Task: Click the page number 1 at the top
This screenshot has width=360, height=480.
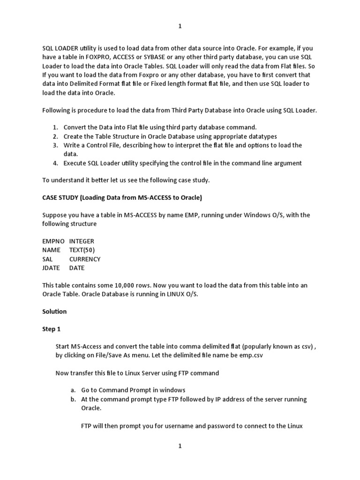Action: click(180, 27)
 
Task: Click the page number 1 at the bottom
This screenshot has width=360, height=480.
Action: click(180, 447)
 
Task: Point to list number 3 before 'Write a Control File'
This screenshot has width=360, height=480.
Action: click(55, 145)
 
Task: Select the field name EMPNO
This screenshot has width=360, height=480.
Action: click(52, 241)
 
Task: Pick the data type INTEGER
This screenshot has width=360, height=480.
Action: click(82, 241)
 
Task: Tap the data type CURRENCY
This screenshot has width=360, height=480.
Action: click(85, 259)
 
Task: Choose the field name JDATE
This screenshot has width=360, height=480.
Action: click(51, 268)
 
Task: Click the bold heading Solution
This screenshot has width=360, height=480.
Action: click(54, 311)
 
